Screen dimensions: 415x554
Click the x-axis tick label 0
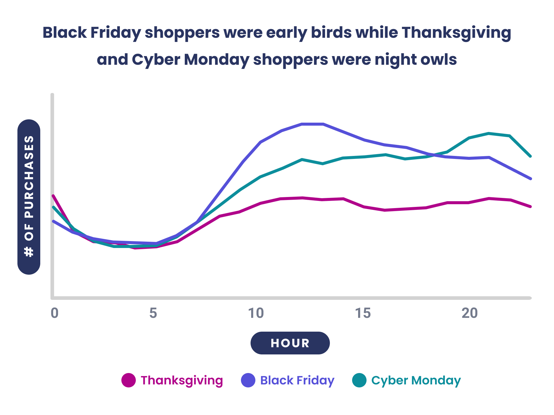click(x=54, y=313)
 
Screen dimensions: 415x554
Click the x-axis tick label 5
click(x=153, y=313)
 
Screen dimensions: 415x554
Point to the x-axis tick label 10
click(x=256, y=313)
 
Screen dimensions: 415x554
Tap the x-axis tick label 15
click(x=363, y=313)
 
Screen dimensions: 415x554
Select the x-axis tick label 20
click(x=470, y=313)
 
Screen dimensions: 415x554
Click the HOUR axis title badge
click(x=290, y=343)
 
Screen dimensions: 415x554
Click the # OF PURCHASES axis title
click(x=29, y=197)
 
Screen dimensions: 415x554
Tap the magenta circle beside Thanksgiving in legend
click(x=129, y=380)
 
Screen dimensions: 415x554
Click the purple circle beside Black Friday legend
click(x=248, y=380)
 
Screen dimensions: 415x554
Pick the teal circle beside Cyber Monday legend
click(x=359, y=380)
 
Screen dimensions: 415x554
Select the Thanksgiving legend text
click(x=182, y=380)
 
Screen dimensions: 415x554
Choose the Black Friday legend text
click(x=297, y=380)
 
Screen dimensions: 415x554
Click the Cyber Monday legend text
click(x=416, y=380)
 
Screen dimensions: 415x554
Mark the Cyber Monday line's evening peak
click(x=489, y=133)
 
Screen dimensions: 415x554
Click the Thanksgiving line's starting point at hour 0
click(x=53, y=196)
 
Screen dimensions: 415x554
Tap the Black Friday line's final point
click(x=531, y=179)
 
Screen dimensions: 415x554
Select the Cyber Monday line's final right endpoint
click(x=531, y=156)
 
